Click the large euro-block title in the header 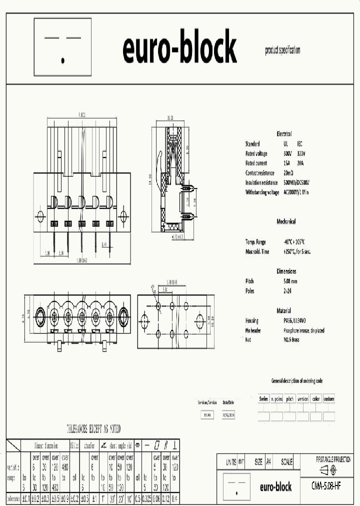179,49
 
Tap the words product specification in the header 282,50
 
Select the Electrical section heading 284,134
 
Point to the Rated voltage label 256,153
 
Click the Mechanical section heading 286,221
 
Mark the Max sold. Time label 257,251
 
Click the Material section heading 283,310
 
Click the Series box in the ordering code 263,399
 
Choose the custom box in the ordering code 328,399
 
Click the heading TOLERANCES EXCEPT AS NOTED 93,429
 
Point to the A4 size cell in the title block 268,462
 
